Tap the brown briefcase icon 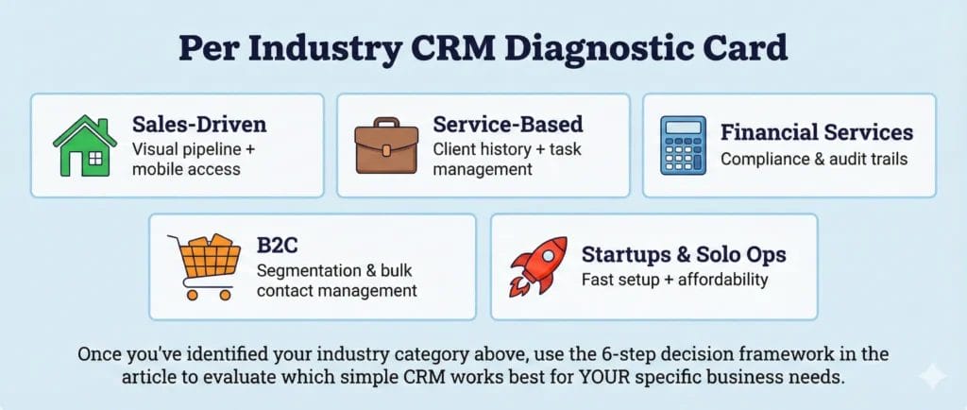tap(385, 147)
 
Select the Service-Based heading tap(507, 125)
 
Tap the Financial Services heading tap(816, 131)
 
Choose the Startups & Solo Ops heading tap(683, 255)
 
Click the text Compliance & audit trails tap(813, 159)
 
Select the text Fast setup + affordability tap(675, 280)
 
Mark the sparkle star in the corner tap(932, 376)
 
